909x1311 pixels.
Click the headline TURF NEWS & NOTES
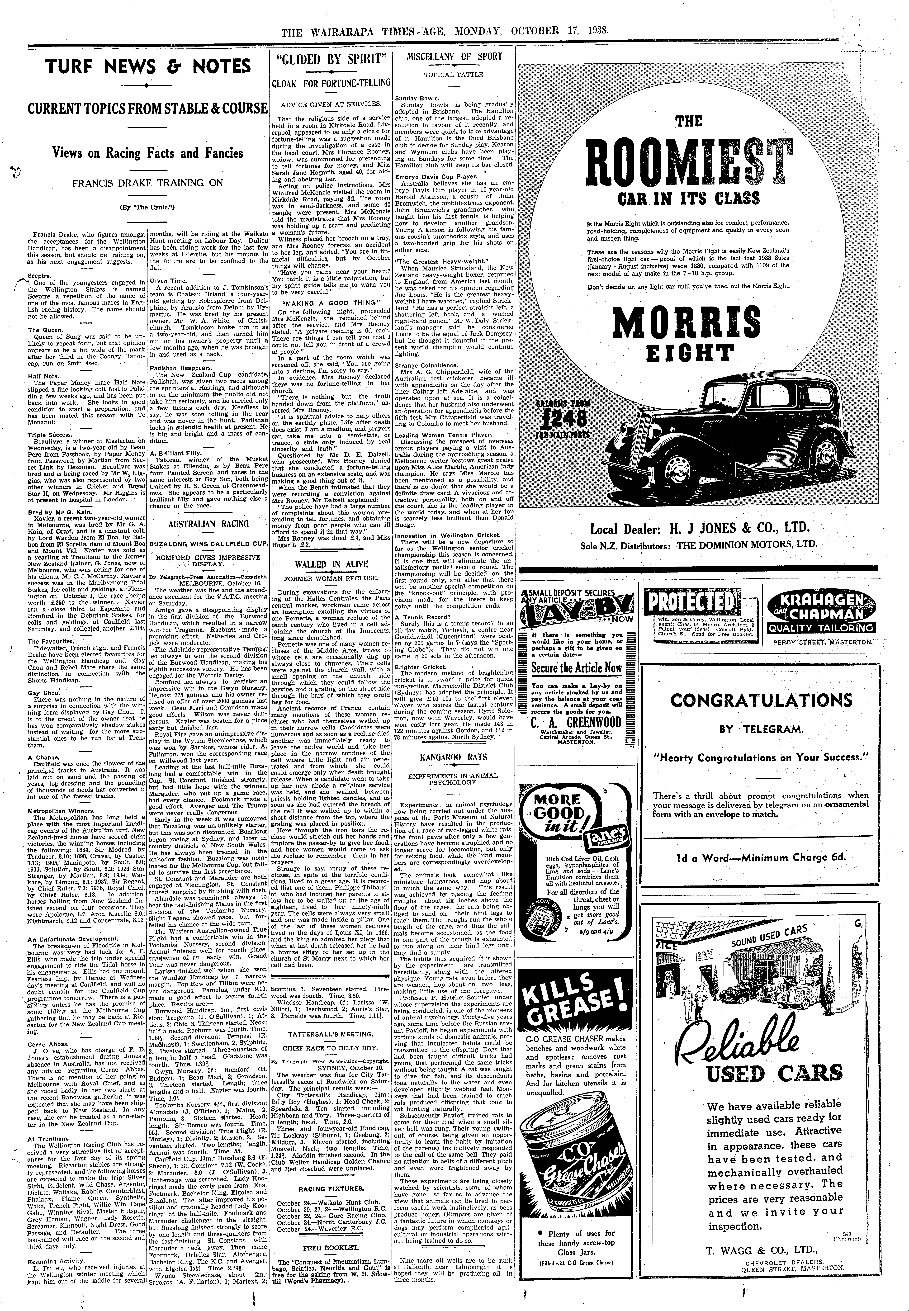(148, 67)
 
